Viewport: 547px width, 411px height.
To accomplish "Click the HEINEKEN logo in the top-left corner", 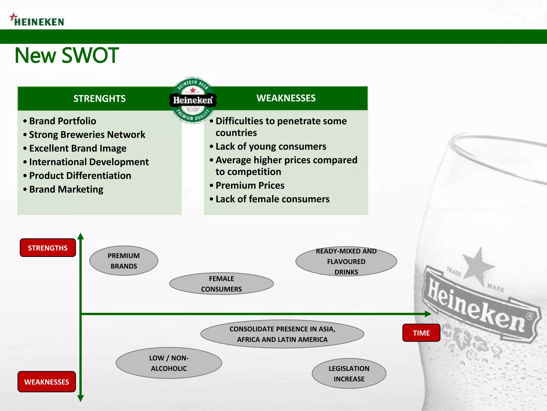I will tap(37, 20).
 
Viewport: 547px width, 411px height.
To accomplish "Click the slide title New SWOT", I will tap(67, 55).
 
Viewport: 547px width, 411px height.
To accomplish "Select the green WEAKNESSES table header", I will tap(286, 98).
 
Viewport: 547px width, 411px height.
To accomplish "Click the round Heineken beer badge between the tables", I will tap(193, 100).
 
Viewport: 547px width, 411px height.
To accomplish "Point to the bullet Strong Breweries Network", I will tap(87, 135).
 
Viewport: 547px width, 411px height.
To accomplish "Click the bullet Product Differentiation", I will tap(80, 176).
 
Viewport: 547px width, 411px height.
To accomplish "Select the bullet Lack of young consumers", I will tap(271, 146).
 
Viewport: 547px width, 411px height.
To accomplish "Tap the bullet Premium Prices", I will tap(250, 185).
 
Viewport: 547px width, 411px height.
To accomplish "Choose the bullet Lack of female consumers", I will tap(272, 199).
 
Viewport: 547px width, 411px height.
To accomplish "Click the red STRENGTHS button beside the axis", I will tap(48, 248).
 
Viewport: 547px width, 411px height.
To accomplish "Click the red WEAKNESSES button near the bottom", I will tap(47, 382).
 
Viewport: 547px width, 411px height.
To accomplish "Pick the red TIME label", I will tap(421, 333).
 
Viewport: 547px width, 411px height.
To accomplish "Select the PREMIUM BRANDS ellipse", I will tap(124, 261).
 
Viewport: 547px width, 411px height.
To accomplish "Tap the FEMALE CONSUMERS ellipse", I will tap(221, 284).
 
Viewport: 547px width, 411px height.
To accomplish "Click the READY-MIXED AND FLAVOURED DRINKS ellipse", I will tap(346, 261).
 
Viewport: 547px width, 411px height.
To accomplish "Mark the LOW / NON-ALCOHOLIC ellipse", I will tap(169, 363).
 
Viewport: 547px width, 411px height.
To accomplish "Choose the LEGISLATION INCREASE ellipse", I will tap(349, 374).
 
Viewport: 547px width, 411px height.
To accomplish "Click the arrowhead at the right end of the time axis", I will tap(428, 314).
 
